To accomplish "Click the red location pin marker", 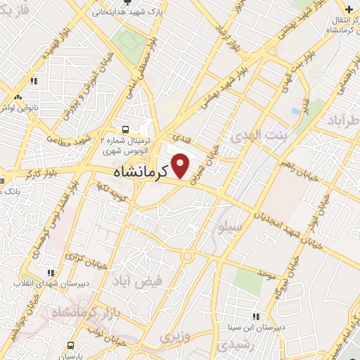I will pos(181,166).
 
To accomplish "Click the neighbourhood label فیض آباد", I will pos(138,281).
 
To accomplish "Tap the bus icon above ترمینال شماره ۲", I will pos(125,129).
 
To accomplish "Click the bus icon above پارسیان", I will pos(71,345).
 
